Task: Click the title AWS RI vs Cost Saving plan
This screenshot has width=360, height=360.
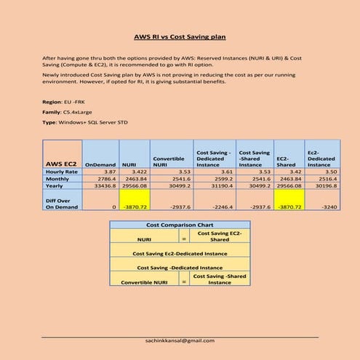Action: [180, 36]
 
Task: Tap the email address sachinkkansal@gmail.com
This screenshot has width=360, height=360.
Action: [180, 340]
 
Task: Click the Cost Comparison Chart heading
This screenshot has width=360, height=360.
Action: [180, 226]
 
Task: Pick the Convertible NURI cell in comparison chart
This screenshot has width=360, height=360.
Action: [143, 280]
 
